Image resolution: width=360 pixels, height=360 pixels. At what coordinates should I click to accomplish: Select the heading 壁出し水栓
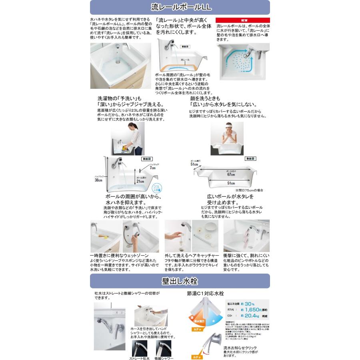click(x=180, y=281)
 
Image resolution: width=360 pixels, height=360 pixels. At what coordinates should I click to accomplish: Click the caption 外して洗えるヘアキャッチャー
click(x=192, y=255)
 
